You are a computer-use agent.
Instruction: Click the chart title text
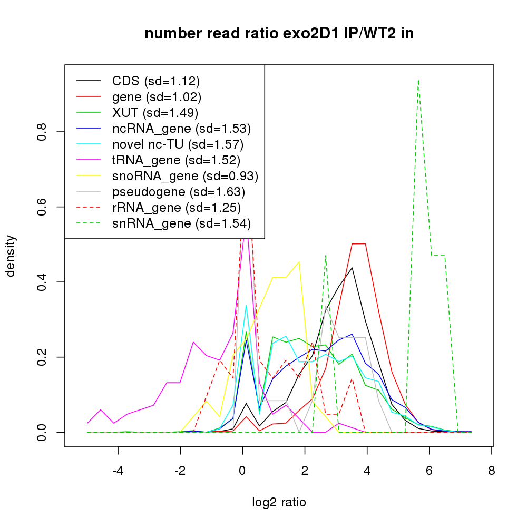[x=279, y=34]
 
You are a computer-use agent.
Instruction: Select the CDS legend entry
[x=156, y=81]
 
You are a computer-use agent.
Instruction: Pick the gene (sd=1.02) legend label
[x=157, y=97]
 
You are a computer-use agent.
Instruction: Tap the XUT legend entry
[x=155, y=113]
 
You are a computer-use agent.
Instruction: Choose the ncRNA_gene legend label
[x=181, y=129]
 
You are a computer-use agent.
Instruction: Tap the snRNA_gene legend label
[x=181, y=223]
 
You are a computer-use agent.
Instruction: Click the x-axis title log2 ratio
[x=279, y=502]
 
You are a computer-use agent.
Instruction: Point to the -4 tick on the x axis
[x=118, y=471]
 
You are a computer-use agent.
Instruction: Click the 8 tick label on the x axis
[x=492, y=471]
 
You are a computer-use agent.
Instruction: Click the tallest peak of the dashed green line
[x=418, y=80]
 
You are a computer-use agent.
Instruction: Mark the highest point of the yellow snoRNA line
[x=299, y=261]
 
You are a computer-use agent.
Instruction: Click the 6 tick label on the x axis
[x=430, y=471]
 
